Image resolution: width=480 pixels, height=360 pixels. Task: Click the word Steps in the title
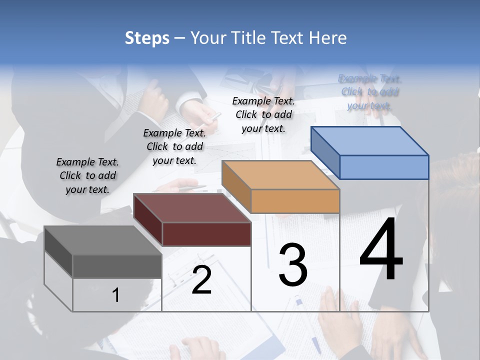(147, 38)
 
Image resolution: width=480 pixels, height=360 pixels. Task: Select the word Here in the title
(327, 38)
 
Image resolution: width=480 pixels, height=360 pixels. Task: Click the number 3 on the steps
(293, 264)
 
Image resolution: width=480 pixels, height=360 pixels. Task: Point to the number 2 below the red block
(201, 280)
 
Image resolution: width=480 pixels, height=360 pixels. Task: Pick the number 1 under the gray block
(116, 295)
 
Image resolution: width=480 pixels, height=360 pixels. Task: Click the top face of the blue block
(369, 140)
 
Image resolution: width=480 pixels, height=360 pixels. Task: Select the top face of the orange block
(280, 175)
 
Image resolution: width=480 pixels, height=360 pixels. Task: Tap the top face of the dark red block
(192, 208)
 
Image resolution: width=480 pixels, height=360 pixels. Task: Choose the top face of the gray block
(103, 240)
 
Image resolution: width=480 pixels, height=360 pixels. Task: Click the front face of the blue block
(384, 167)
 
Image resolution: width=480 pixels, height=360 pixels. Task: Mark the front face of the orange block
(295, 201)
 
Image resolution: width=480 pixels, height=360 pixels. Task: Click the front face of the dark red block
(206, 234)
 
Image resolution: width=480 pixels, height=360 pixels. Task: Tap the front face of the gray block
(117, 266)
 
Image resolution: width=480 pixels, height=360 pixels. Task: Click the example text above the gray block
(87, 175)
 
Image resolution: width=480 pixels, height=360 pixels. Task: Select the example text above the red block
(174, 146)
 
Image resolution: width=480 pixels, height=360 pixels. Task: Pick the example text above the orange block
(263, 114)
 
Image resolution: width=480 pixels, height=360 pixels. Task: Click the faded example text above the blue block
(369, 92)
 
